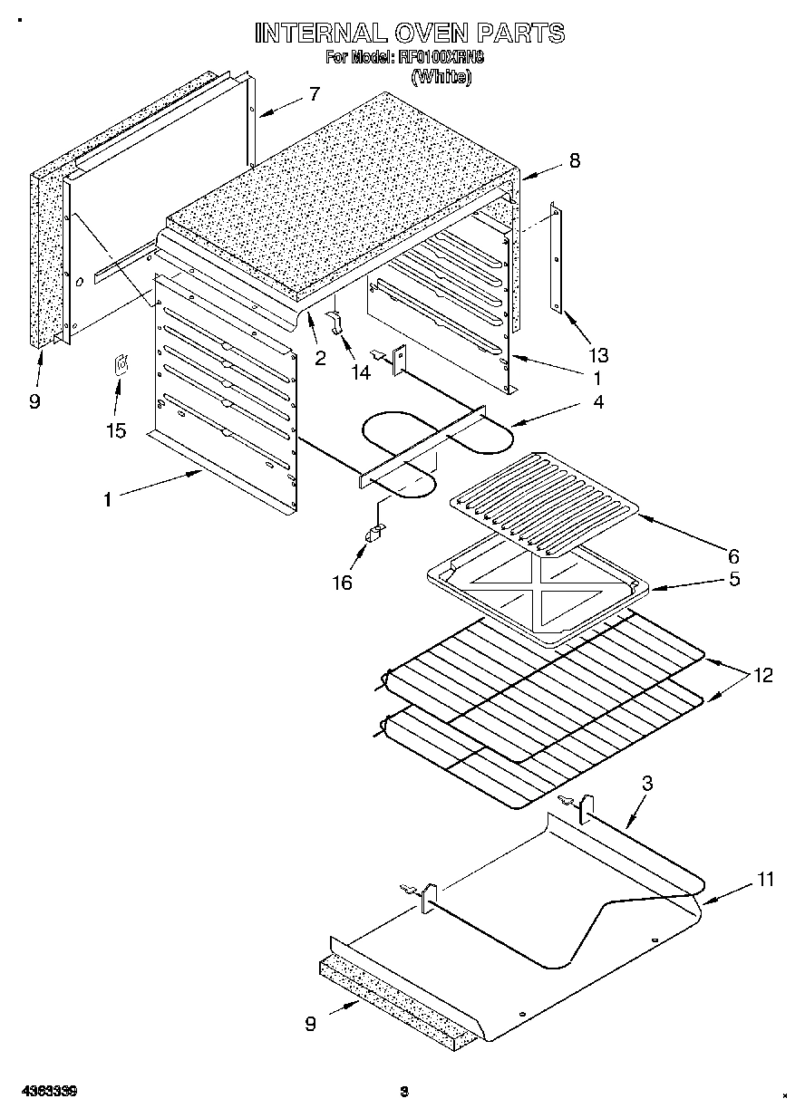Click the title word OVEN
(x=432, y=34)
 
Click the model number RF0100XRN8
(x=441, y=58)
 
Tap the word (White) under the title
(x=441, y=77)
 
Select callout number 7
(x=314, y=93)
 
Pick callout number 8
(x=573, y=160)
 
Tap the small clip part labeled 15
(x=120, y=367)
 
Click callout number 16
(x=341, y=582)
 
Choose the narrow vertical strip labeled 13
(x=556, y=258)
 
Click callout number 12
(x=763, y=675)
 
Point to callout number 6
(x=732, y=554)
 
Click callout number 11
(x=766, y=879)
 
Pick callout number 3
(x=646, y=785)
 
